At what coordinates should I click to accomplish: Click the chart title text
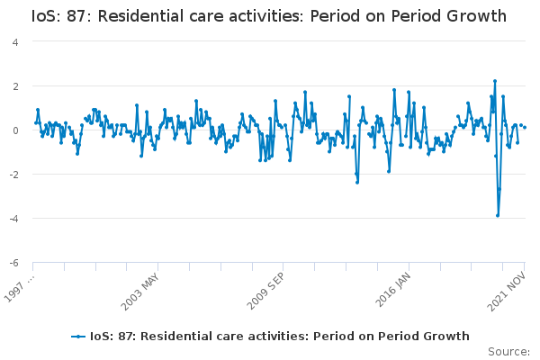pos(269,16)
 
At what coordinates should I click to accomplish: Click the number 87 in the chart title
pos(76,16)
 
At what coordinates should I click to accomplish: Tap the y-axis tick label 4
pos(15,42)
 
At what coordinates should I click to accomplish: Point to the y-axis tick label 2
pos(15,86)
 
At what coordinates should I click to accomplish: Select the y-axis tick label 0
pos(15,130)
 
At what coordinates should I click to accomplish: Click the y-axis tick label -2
pos(14,175)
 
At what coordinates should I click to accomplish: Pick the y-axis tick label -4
pos(14,219)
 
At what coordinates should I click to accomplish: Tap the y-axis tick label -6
pos(14,263)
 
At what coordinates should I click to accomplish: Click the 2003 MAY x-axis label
pos(140,292)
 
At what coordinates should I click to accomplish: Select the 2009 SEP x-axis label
pos(265,291)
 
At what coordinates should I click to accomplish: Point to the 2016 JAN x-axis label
pos(393,290)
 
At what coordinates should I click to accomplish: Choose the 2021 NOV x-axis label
pos(507,291)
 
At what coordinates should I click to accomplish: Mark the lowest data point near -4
pos(498,216)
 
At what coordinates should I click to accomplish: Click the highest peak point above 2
pos(495,81)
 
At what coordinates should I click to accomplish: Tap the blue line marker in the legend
pos(78,337)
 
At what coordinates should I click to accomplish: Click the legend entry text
pos(279,337)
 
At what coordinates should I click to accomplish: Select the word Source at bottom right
pos(508,352)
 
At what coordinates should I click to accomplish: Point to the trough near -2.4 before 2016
pos(357,183)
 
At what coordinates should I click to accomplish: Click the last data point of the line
pos(525,128)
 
